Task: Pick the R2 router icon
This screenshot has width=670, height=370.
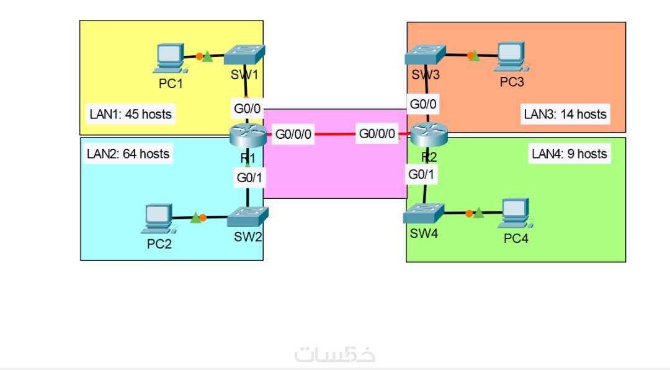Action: (425, 133)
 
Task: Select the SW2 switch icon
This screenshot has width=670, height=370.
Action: (247, 216)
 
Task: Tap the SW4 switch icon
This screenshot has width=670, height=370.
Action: (423, 213)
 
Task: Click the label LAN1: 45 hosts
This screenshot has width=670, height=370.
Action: (130, 114)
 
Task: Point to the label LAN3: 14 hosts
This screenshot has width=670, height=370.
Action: (565, 114)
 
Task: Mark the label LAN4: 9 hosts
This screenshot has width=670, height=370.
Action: (569, 154)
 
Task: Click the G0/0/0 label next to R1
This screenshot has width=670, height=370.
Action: (294, 133)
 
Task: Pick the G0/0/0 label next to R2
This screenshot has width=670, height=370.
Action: (377, 133)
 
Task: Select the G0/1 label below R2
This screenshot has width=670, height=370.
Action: (422, 175)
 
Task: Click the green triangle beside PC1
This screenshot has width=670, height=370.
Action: (207, 57)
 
